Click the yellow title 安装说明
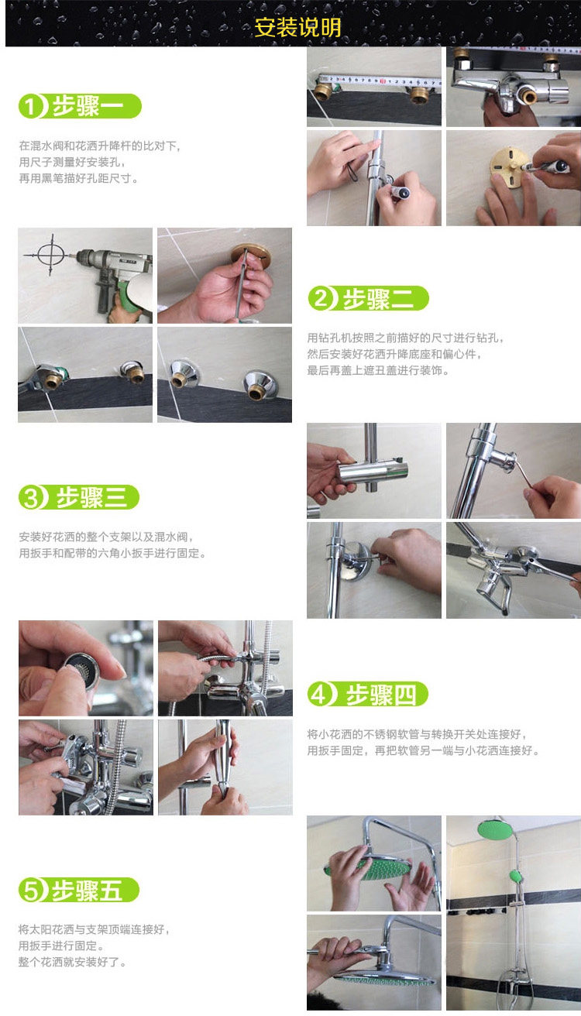(297, 27)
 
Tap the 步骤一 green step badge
(80, 107)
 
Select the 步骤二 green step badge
(368, 298)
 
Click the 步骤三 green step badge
(79, 497)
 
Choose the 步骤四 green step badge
(368, 695)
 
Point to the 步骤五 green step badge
(79, 890)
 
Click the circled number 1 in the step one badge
(30, 107)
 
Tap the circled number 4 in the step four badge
(319, 695)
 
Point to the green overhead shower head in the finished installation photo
(495, 829)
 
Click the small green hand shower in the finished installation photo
(516, 876)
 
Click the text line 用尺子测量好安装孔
(72, 162)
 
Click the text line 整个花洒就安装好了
(73, 962)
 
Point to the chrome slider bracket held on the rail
(373, 471)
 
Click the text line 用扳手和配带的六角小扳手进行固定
(112, 554)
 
